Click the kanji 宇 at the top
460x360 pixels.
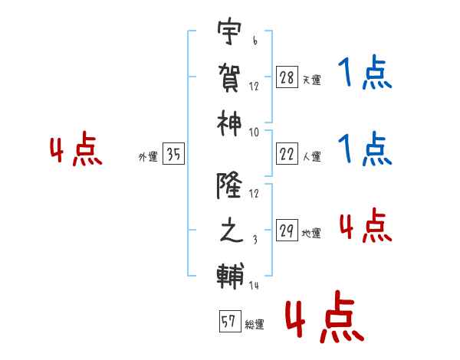pos(231,34)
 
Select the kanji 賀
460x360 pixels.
pos(231,77)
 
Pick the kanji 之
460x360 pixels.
pos(231,230)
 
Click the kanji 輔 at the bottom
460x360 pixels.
pos(231,273)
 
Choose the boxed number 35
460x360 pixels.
pos(173,155)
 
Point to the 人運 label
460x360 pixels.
pos(311,156)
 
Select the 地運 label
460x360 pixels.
pos(311,233)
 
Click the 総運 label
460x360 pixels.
pos(254,324)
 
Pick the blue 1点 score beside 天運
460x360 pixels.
pos(365,75)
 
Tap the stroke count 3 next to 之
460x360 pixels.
pos(255,240)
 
